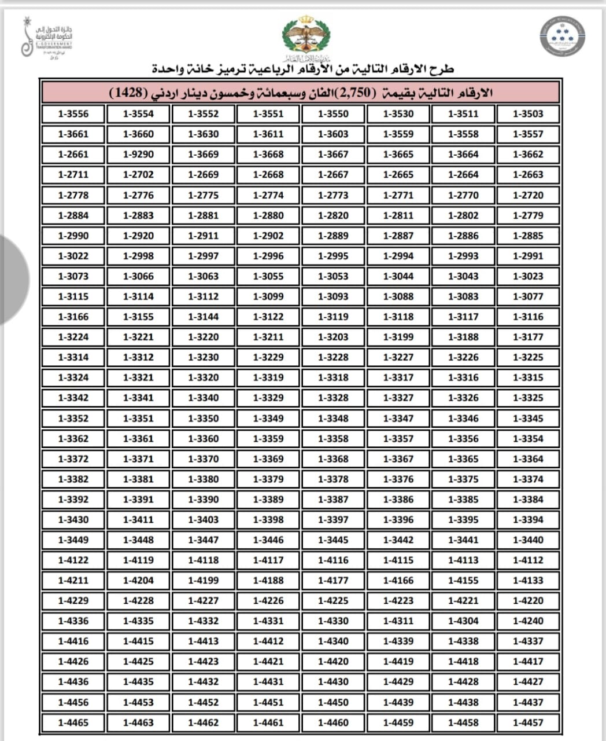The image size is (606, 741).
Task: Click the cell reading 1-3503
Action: pos(528,113)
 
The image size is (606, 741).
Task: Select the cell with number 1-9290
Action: pos(138,155)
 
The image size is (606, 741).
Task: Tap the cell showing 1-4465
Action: pos(73,722)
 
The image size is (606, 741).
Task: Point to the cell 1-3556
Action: pos(73,113)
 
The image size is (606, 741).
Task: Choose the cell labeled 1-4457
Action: pos(528,722)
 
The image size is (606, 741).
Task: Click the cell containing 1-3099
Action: pos(268,296)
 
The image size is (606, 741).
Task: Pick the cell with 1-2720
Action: pos(528,195)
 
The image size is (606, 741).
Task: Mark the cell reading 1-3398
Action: pos(268,519)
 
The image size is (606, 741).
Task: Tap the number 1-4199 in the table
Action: pos(204,580)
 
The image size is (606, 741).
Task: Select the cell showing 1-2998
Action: pos(138,256)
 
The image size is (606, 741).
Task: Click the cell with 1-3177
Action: pos(528,337)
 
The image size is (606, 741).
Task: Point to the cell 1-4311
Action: pos(398,621)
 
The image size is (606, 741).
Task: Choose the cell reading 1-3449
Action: pos(73,540)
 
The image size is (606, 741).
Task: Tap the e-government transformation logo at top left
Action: pos(46,38)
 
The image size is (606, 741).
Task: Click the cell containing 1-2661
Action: pos(73,155)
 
